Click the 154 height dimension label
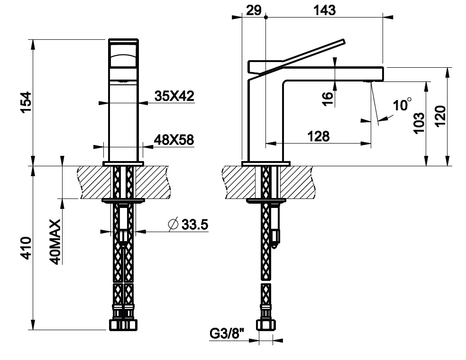[x=26, y=102]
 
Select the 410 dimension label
[x=26, y=248]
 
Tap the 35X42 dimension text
[x=174, y=96]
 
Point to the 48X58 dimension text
[x=174, y=140]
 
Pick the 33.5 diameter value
[x=195, y=225]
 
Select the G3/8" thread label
[x=227, y=333]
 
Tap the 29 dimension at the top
[x=254, y=10]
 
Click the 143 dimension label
[x=325, y=10]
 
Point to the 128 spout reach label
[x=318, y=136]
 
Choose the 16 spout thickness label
[x=328, y=99]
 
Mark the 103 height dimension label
[x=419, y=123]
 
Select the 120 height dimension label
[x=440, y=116]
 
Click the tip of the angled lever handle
[x=344, y=41]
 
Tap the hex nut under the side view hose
[x=265, y=325]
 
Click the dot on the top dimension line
[x=265, y=17]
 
